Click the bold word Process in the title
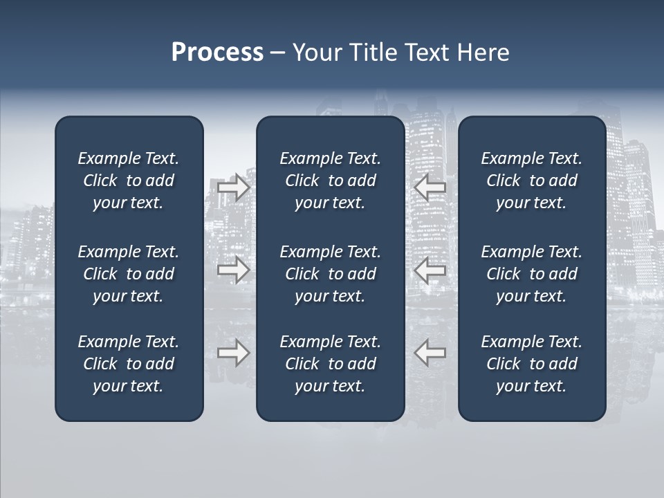[217, 53]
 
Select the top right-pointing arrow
[233, 187]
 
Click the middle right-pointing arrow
[233, 269]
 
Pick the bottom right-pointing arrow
[233, 353]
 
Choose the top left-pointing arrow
[430, 187]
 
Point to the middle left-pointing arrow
[430, 269]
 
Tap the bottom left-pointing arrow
[430, 353]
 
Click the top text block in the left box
[129, 181]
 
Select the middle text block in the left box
[129, 274]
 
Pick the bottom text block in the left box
[129, 364]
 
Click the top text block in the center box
[330, 181]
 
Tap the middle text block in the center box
[330, 274]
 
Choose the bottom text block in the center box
[330, 364]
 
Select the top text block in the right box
[531, 181]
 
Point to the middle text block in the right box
[531, 274]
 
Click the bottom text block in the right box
[531, 364]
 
